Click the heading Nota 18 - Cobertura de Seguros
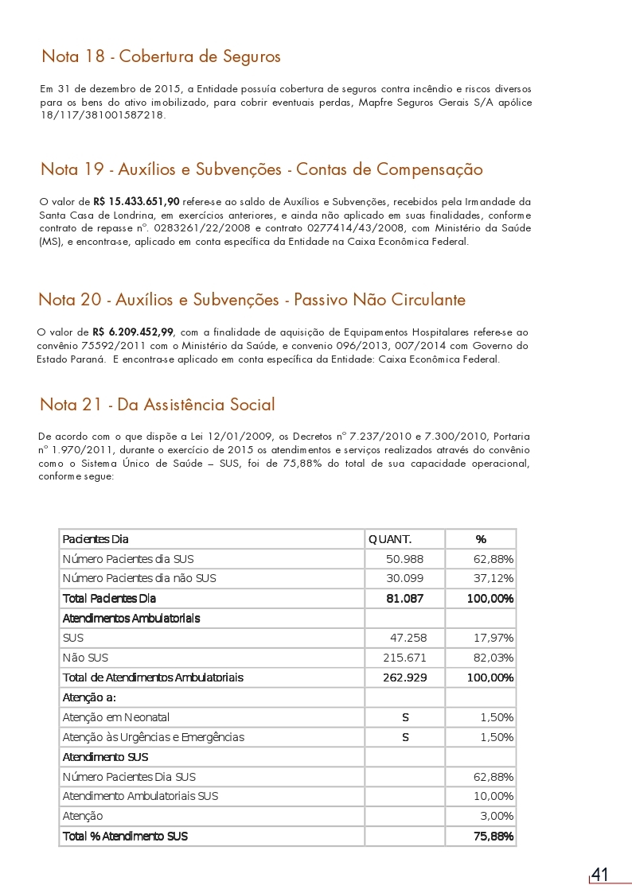pos(161,57)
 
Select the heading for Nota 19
pos(261,169)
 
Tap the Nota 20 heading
pos(252,300)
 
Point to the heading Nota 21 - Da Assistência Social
pos(157,405)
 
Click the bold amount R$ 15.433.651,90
pos(136,203)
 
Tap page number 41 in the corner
pos(599,875)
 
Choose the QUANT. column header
pos(390,539)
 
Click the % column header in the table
pos(481,539)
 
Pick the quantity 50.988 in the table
pos(404,559)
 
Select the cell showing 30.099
pos(404,578)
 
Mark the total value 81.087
pos(404,598)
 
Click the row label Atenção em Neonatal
pos(115,717)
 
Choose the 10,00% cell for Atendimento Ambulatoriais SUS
pos(494,796)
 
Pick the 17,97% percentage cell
pos(494,638)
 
